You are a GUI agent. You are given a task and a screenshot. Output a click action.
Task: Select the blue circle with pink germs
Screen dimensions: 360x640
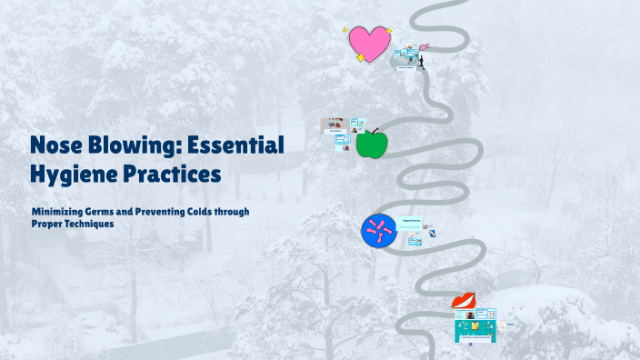[x=379, y=229]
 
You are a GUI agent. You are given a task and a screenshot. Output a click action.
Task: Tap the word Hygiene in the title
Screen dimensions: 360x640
[x=76, y=170]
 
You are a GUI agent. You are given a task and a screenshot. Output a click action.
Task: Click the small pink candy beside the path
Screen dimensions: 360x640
[x=424, y=46]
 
